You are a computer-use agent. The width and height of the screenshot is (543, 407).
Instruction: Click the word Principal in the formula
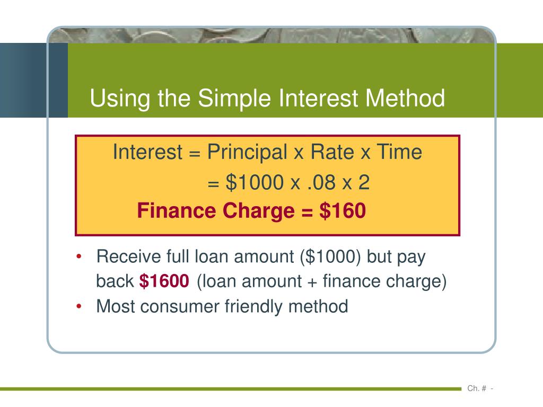click(x=248, y=153)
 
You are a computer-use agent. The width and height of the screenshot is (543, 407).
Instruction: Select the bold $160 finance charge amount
click(x=343, y=211)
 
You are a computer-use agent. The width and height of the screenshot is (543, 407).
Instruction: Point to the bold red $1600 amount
click(x=164, y=281)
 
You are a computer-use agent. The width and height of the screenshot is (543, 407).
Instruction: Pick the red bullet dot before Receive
click(x=79, y=257)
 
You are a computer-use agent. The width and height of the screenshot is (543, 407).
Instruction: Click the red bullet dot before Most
click(x=79, y=306)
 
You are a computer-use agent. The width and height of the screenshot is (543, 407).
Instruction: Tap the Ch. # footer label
click(x=477, y=388)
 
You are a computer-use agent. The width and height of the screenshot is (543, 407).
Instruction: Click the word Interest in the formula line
click(x=147, y=153)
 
